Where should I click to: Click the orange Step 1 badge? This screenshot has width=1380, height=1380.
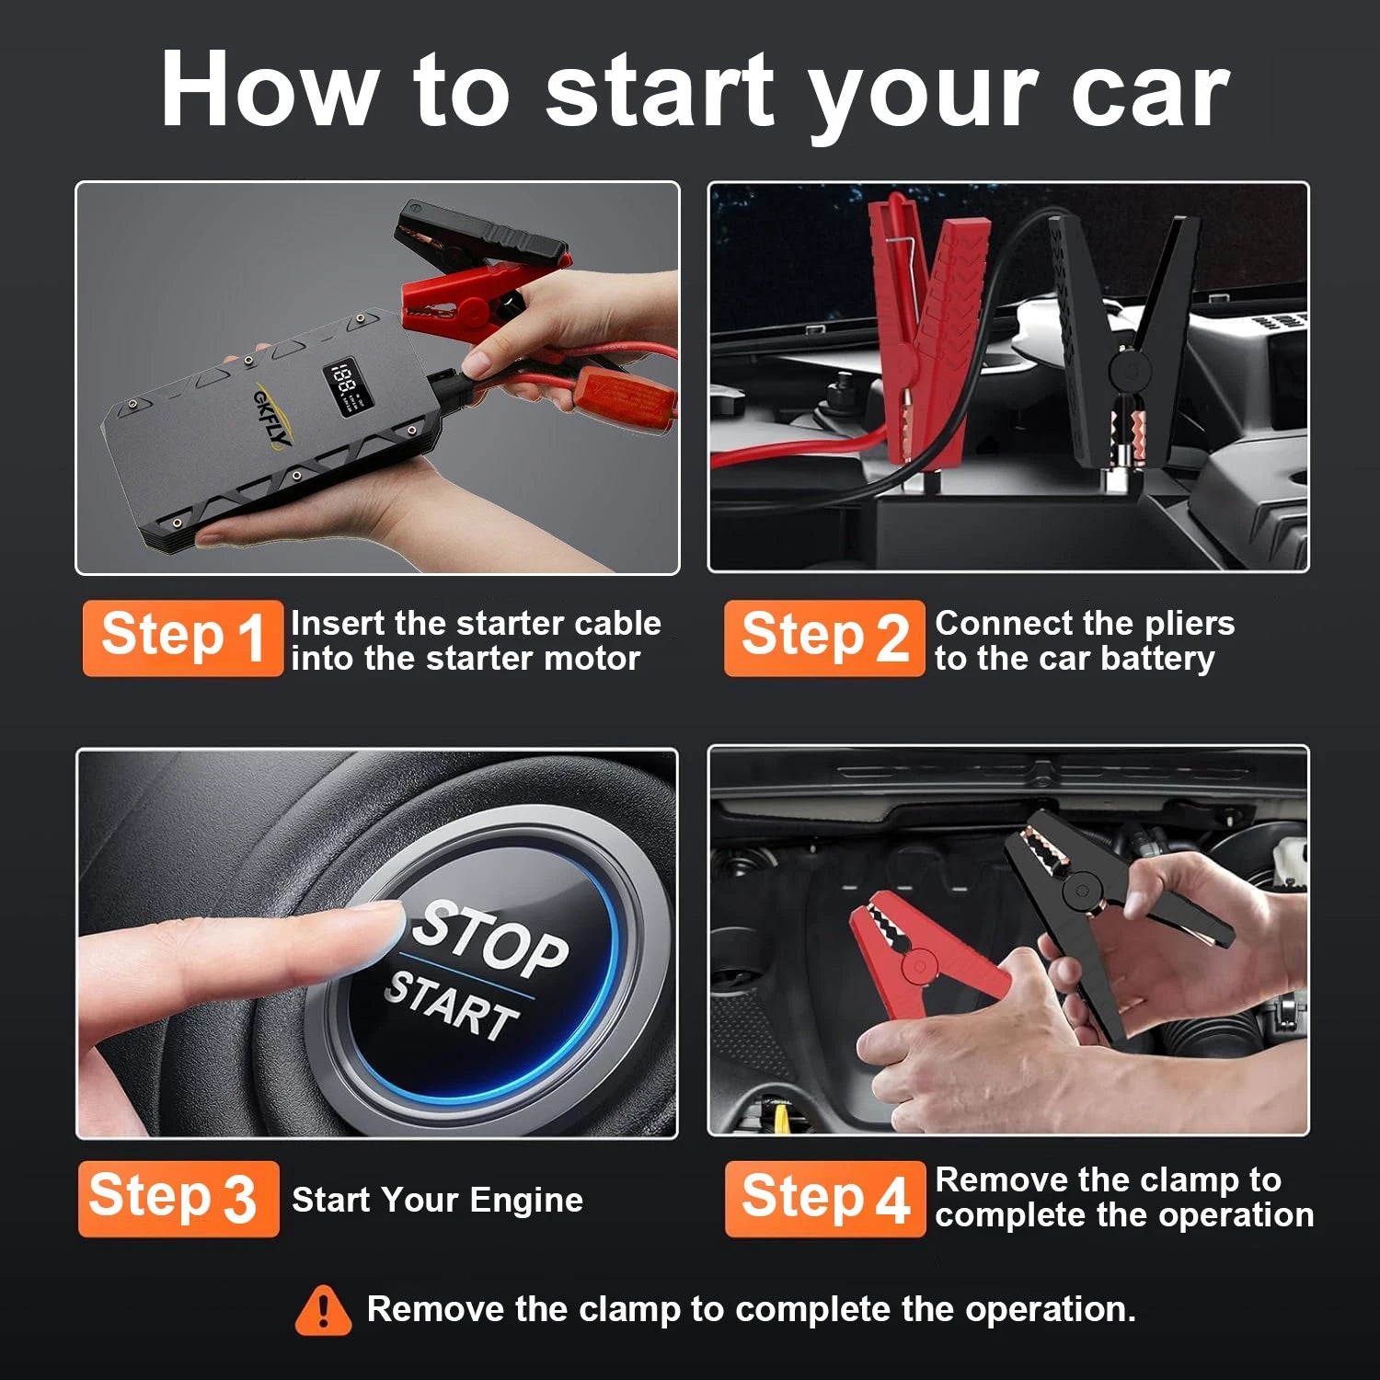coord(182,638)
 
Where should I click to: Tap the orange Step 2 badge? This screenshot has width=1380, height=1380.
coord(823,638)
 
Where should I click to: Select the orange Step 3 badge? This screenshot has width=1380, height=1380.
coord(178,1198)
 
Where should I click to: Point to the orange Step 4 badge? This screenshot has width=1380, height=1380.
coord(824,1198)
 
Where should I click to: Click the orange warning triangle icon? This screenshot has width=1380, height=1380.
coord(323,1310)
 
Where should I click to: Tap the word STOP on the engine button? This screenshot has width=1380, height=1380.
coord(489,938)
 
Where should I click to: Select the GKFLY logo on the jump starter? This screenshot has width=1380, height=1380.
coord(272,419)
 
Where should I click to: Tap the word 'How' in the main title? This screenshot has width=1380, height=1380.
coord(269,90)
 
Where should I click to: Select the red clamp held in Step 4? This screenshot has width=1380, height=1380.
coord(920,957)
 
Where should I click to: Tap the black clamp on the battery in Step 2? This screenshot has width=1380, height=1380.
coord(1127,350)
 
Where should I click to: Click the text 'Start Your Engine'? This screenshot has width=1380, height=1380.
coord(437,1200)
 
